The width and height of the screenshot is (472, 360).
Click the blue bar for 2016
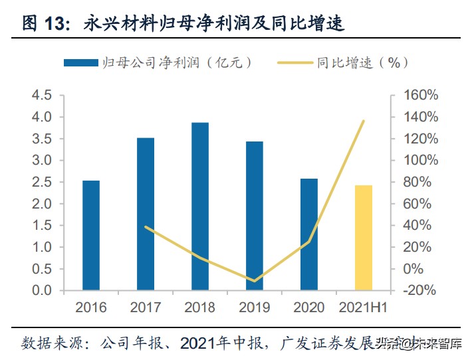pos(91,235)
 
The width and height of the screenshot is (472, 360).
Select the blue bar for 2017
pos(146,214)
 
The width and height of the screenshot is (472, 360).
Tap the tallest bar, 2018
pos(200,207)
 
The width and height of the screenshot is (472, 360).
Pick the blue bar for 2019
pos(255,216)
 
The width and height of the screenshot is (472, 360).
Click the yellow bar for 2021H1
pos(363,238)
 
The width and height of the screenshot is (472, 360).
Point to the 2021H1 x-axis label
pos(363,308)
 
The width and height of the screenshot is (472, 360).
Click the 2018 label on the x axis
pos(200,308)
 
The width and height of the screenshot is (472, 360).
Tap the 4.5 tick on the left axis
pos(42,96)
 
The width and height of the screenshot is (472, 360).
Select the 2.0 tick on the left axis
pos(42,204)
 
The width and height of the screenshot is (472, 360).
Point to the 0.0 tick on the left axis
pos(42,291)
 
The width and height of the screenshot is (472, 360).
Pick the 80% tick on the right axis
pos(419,183)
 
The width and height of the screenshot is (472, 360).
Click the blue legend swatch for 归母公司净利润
pos(80,62)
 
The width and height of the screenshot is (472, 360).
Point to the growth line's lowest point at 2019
pos(255,281)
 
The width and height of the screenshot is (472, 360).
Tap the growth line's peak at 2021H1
pos(364,121)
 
